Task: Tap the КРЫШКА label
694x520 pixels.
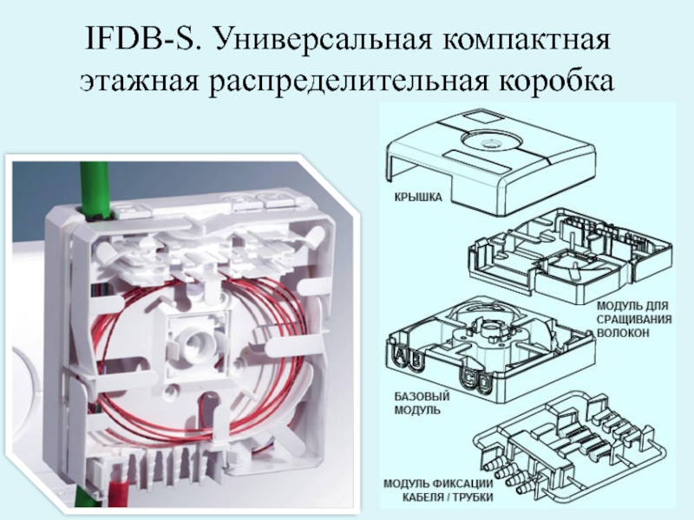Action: coord(418,198)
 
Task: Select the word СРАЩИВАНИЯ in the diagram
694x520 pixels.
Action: coord(634,319)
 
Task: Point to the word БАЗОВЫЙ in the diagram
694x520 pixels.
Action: coord(422,396)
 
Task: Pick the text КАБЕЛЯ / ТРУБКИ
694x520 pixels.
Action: coord(447,497)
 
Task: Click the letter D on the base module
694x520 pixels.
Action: coord(482,383)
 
